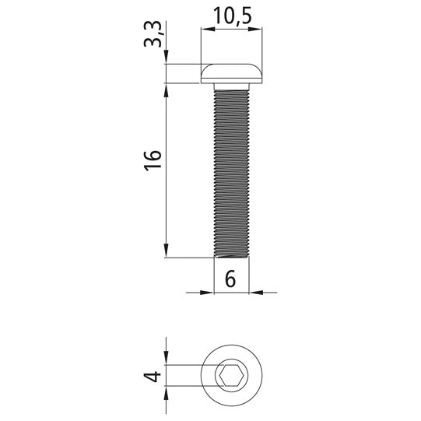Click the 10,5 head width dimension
pos(233,16)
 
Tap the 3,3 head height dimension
pos(153,34)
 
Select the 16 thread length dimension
pos(153,160)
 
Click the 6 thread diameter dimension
pos(230,279)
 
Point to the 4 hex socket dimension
pos(153,376)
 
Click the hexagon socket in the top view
pos(232,375)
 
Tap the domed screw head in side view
pos(232,74)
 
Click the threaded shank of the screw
pos(232,174)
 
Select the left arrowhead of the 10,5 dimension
pos(208,29)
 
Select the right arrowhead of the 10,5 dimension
pos(255,29)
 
